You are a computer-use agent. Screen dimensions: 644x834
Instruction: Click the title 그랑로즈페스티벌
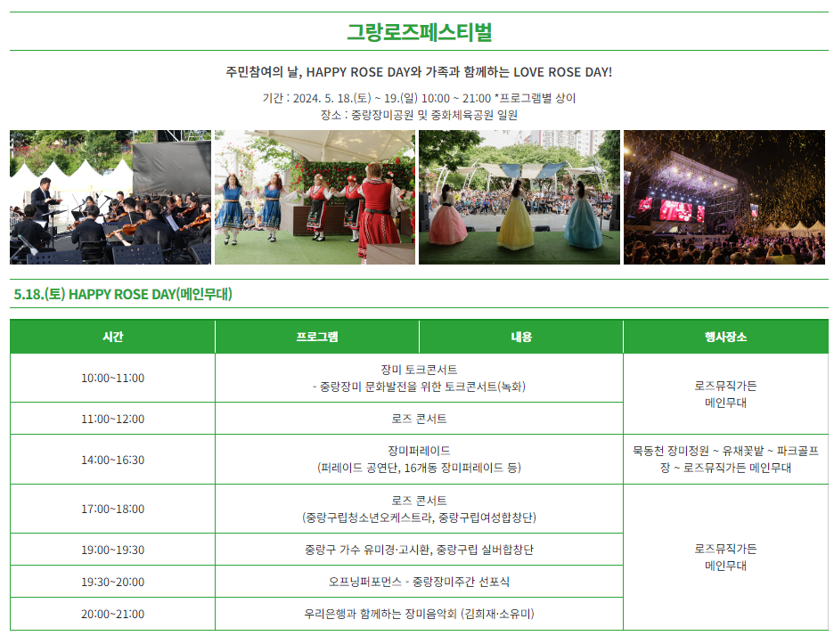419,32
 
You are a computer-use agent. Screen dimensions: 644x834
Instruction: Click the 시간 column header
112,337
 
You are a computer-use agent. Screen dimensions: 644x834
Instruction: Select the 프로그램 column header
316,337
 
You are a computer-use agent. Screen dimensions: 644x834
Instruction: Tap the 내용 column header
520,337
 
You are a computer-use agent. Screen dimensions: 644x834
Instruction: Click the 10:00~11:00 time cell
112,378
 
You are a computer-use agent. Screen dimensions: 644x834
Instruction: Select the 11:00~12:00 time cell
112,419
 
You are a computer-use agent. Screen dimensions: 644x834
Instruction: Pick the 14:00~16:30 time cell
112,460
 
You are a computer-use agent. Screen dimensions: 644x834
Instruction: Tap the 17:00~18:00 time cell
112,509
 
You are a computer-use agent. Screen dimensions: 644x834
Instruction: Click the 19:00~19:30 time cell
112,550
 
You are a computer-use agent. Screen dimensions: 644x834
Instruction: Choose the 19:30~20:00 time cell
112,582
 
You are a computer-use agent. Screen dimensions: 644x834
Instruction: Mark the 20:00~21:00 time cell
112,614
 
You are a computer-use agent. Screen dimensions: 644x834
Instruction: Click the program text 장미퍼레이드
419,451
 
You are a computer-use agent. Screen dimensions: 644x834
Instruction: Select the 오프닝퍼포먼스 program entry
419,582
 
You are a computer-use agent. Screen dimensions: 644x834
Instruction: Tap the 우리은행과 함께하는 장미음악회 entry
419,614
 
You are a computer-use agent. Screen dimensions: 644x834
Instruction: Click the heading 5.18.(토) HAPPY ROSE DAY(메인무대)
123,294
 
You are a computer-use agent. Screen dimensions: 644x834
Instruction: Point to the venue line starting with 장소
419,114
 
